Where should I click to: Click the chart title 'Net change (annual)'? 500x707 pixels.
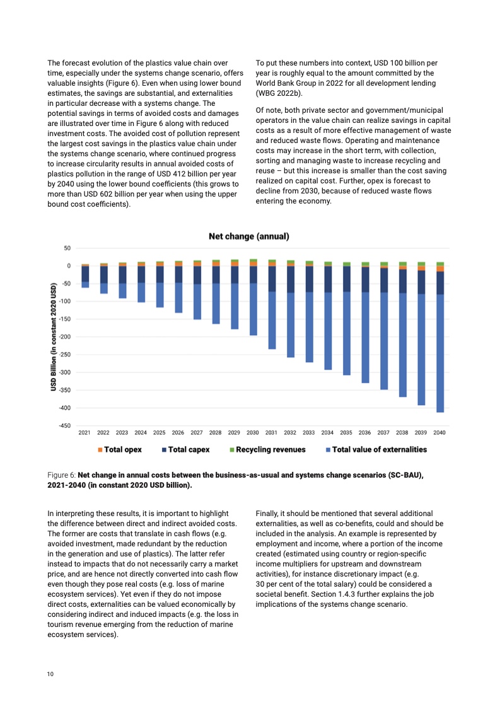249,236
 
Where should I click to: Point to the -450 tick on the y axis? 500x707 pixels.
65,426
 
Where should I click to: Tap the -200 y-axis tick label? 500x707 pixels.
65,337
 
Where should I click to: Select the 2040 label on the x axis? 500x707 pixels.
439,433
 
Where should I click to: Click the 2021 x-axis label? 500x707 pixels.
84,433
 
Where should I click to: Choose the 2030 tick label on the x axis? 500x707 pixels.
253,433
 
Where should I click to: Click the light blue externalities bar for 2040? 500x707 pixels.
439,353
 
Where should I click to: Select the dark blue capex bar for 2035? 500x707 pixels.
346,279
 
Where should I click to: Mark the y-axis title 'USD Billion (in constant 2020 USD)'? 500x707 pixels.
54,337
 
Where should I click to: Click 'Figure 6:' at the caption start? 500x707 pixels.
62,475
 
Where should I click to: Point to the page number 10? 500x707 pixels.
50,674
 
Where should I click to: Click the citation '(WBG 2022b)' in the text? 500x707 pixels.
279,93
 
